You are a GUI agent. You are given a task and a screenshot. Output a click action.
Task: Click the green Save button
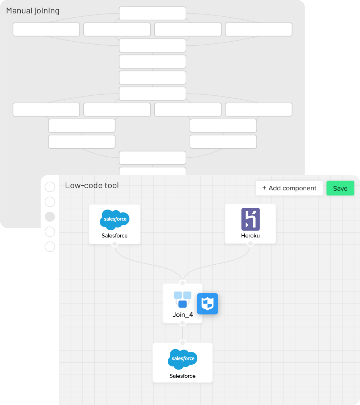(340, 188)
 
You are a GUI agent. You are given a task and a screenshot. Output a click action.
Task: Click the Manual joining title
(33, 11)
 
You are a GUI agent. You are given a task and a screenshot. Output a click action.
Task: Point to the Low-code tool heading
(92, 186)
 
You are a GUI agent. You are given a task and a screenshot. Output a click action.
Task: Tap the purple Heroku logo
(251, 219)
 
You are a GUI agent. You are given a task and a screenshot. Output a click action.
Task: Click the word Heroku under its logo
(251, 236)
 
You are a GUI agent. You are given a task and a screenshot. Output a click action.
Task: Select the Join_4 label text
(183, 315)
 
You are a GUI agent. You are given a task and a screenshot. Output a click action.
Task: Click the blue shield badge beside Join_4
(207, 303)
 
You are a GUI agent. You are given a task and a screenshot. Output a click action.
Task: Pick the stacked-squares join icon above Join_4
(182, 299)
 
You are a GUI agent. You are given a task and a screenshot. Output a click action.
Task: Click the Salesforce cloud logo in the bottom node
(183, 359)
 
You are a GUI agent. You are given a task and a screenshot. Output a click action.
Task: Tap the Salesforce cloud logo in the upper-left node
(115, 220)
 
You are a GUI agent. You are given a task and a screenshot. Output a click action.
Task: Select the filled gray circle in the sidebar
(50, 217)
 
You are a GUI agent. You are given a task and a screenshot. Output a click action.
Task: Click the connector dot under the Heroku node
(250, 244)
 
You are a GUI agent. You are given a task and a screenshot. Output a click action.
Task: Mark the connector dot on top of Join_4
(183, 283)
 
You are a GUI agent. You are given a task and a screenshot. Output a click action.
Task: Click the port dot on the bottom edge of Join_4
(183, 323)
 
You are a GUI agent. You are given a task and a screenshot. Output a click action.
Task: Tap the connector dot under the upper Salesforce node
(115, 244)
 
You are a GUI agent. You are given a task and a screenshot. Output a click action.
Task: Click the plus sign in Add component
(264, 188)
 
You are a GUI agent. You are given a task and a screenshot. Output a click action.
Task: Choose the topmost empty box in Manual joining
(152, 13)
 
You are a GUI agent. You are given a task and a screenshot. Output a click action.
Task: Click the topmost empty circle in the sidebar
(50, 187)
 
